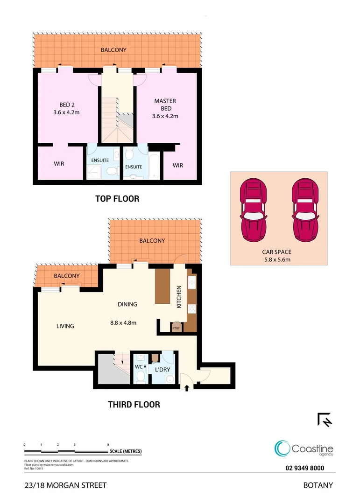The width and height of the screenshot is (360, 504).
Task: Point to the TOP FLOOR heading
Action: (x=117, y=199)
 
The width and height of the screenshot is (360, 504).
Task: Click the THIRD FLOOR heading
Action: (x=134, y=404)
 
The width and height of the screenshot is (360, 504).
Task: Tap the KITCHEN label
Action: (x=179, y=297)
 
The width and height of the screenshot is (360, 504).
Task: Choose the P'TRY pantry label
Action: (x=176, y=328)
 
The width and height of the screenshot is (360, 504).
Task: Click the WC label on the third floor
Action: (x=139, y=367)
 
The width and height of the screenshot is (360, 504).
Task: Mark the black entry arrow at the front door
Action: (x=187, y=387)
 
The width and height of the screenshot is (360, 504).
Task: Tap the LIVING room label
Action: (x=65, y=326)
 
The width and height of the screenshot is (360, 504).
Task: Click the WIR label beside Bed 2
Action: (x=59, y=164)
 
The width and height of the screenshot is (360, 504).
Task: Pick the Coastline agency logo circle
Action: (x=282, y=448)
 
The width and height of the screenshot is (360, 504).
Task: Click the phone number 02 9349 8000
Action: (x=304, y=469)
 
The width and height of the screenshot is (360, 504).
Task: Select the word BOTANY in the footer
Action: (x=318, y=485)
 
